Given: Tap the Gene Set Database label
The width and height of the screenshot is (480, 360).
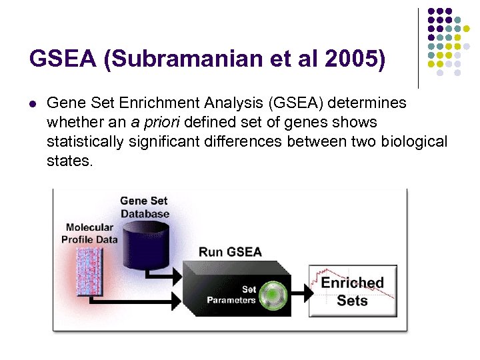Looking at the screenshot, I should (144, 207).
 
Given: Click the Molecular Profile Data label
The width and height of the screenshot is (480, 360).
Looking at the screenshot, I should (89, 233).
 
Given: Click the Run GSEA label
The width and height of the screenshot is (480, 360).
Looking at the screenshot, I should (230, 252).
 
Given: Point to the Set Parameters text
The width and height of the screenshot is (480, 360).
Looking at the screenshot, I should (231, 295).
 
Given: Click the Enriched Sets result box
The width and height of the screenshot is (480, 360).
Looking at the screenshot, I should (352, 291).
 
